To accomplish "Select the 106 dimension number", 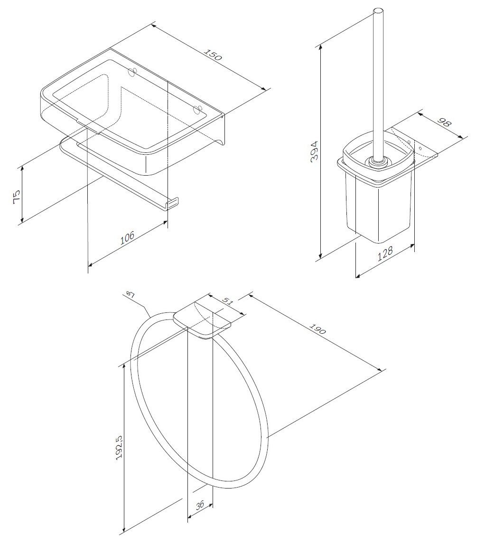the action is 128,238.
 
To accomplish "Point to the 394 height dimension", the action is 315,151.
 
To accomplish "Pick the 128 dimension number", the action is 385,254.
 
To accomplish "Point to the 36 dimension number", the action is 200,505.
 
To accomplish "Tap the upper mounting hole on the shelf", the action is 131,72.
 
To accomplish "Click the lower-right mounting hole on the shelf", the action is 198,109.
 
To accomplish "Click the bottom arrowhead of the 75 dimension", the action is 22,220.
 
